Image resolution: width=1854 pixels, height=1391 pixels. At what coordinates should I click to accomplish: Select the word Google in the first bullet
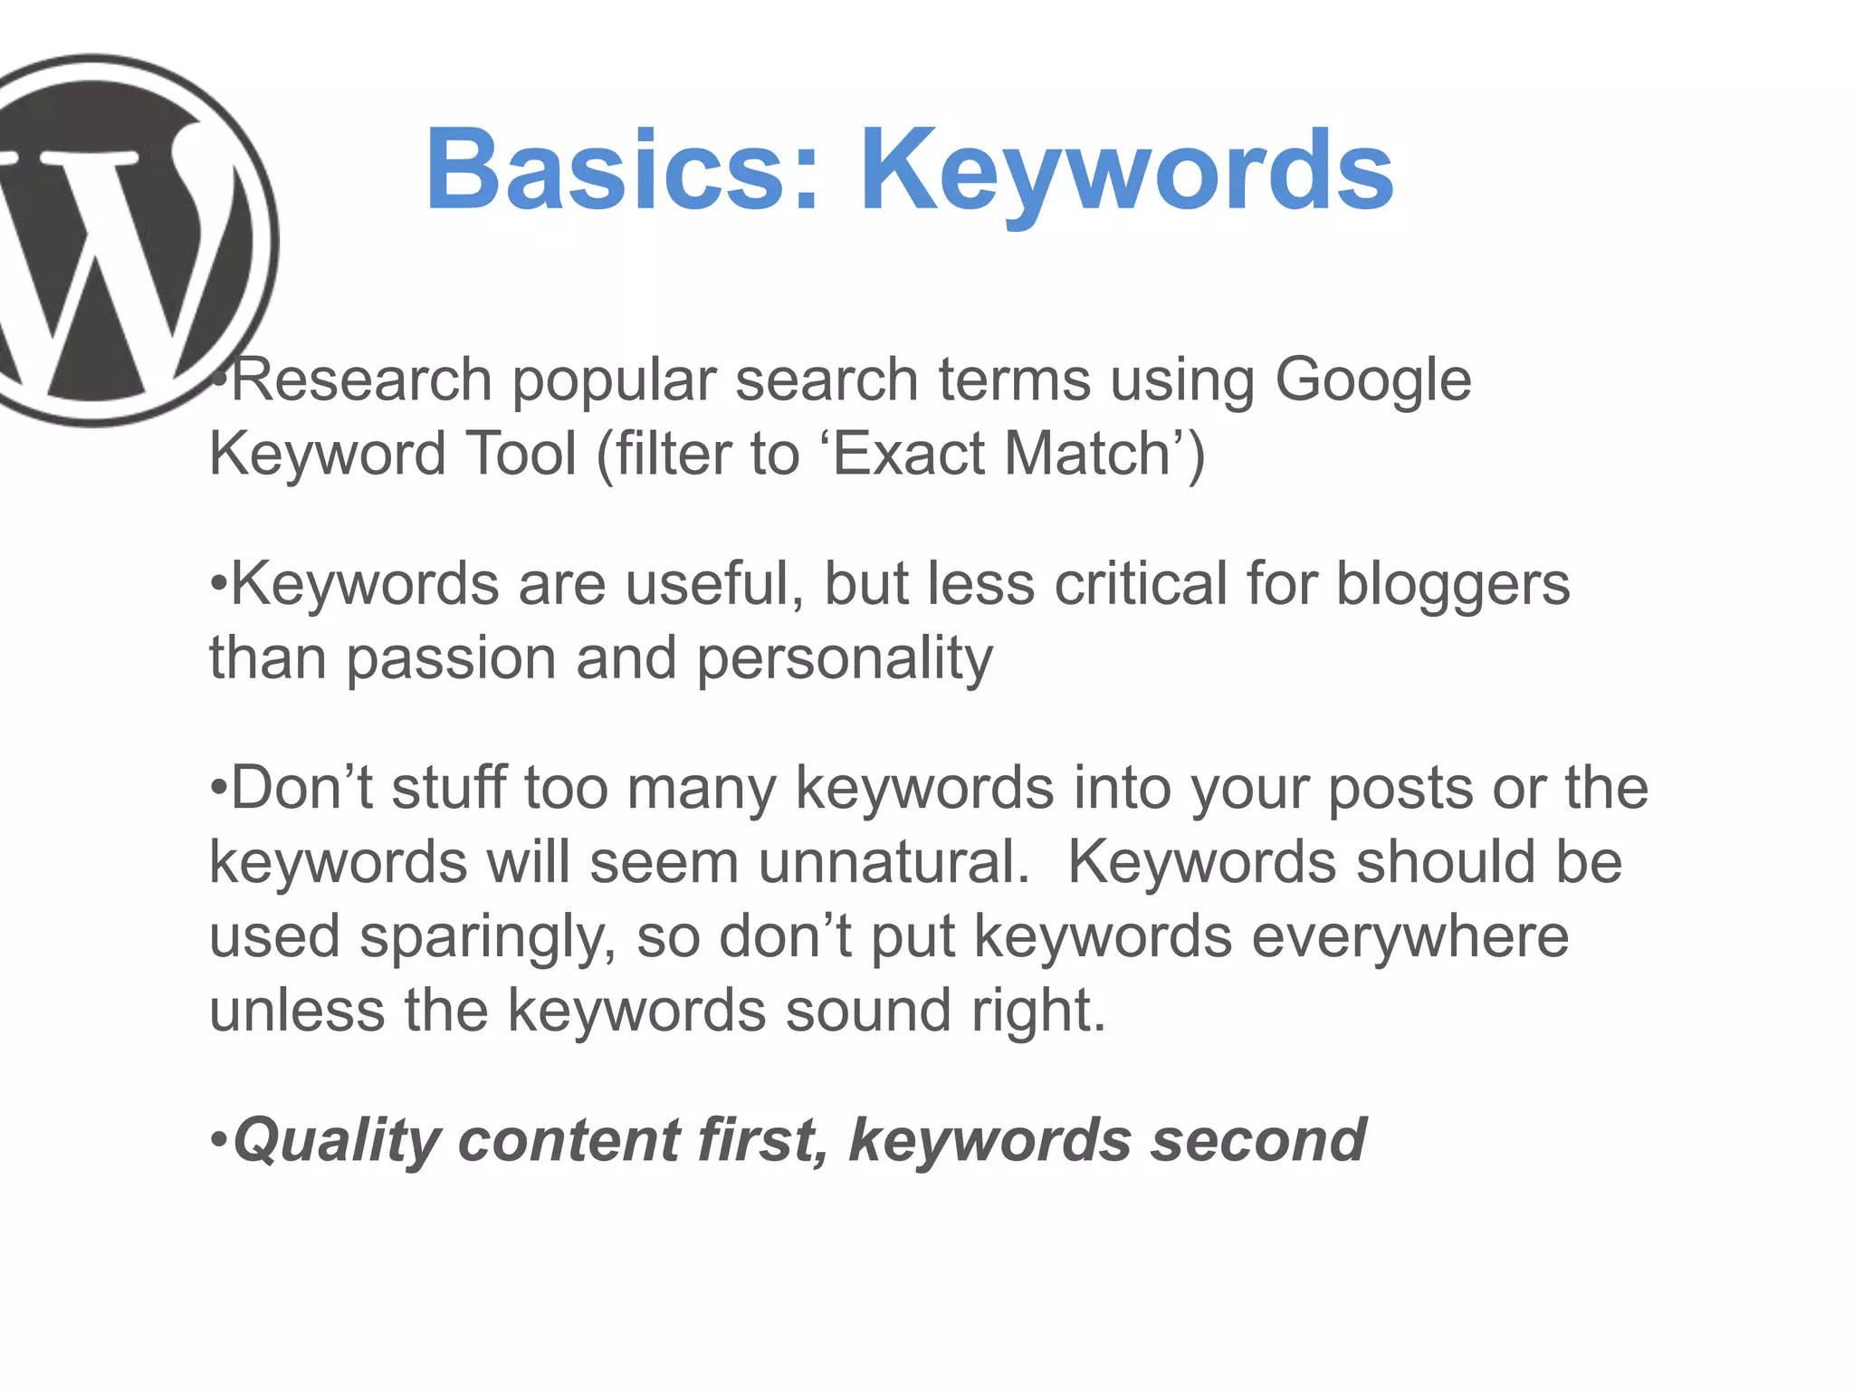[x=1372, y=380]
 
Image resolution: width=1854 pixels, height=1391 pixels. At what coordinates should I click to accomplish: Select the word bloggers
[x=1453, y=585]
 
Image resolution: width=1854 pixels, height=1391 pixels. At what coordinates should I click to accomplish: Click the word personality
[x=844, y=659]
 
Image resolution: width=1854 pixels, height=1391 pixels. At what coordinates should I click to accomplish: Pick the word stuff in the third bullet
[x=448, y=788]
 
